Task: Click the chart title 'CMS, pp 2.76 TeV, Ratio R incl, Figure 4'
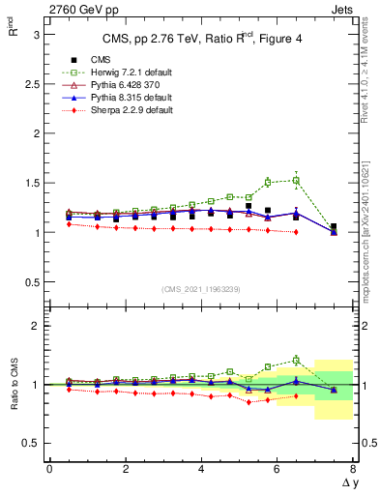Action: [201, 39]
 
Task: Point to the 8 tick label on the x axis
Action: [353, 469]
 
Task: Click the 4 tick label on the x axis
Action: [201, 469]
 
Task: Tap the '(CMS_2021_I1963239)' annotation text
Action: [201, 288]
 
